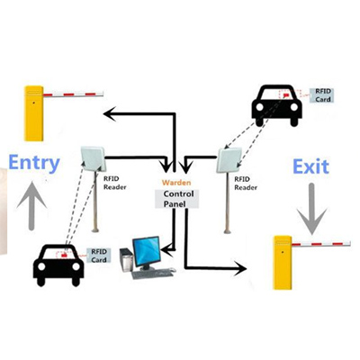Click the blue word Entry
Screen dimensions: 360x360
pyautogui.click(x=34, y=163)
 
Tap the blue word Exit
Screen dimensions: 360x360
pyautogui.click(x=310, y=166)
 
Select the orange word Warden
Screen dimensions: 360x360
pyautogui.click(x=176, y=183)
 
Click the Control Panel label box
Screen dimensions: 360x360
pyautogui.click(x=176, y=199)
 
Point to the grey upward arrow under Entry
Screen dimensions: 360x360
pyautogui.click(x=31, y=206)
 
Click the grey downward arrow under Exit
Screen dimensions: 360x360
pyautogui.click(x=311, y=209)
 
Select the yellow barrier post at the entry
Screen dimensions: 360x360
pyautogui.click(x=34, y=113)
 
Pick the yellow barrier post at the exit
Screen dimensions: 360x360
pyautogui.click(x=283, y=263)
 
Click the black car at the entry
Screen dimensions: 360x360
pyautogui.click(x=58, y=265)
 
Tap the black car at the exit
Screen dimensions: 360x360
pyautogui.click(x=276, y=105)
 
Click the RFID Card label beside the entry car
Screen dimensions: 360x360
pyautogui.click(x=99, y=256)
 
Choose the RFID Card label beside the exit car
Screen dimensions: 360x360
pyautogui.click(x=322, y=95)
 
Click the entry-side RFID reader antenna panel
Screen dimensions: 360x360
pyautogui.click(x=93, y=158)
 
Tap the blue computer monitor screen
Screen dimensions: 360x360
pyautogui.click(x=147, y=251)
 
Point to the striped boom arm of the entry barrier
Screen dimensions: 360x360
pyautogui.click(x=73, y=94)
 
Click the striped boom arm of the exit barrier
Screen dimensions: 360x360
pyautogui.click(x=321, y=243)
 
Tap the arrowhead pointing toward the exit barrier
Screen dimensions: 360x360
pyautogui.click(x=240, y=268)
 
